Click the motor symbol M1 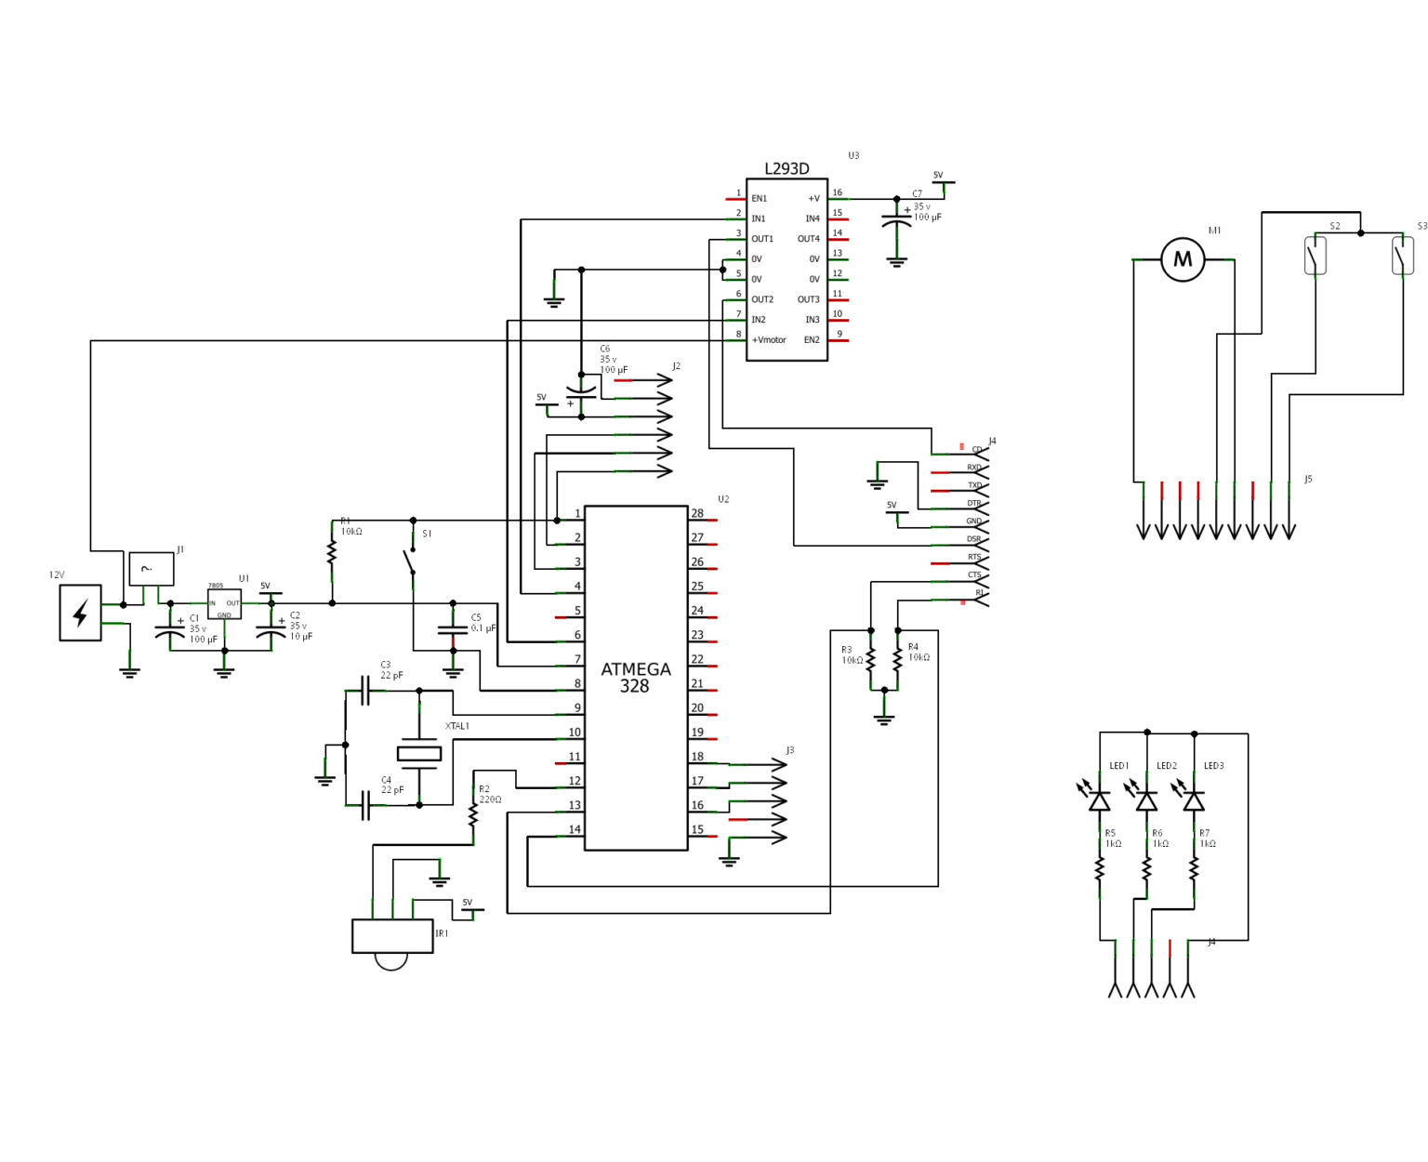click(1183, 259)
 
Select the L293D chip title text click(787, 169)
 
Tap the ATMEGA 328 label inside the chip click(635, 678)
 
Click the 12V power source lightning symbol click(81, 613)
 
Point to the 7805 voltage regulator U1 click(224, 604)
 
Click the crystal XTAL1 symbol click(419, 754)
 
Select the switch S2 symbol click(1316, 256)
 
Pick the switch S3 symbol click(1402, 256)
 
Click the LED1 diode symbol click(1100, 800)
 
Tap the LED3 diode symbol click(1194, 800)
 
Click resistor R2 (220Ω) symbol click(473, 815)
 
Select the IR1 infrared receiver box click(392, 936)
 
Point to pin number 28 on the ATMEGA click(697, 513)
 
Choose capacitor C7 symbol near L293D click(896, 223)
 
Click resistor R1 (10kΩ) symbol click(332, 552)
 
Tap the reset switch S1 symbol click(410, 561)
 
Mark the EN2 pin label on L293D click(812, 340)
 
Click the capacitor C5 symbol click(453, 630)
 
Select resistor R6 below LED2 click(1147, 869)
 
